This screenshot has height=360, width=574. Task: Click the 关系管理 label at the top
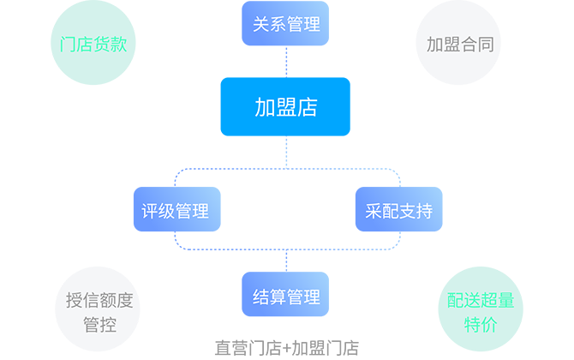tap(286, 24)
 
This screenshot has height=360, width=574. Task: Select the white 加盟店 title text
tap(286, 107)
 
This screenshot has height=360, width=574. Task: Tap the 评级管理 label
tap(175, 211)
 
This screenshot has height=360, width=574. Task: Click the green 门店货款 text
tap(94, 44)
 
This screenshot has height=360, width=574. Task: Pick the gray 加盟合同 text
tap(460, 44)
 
